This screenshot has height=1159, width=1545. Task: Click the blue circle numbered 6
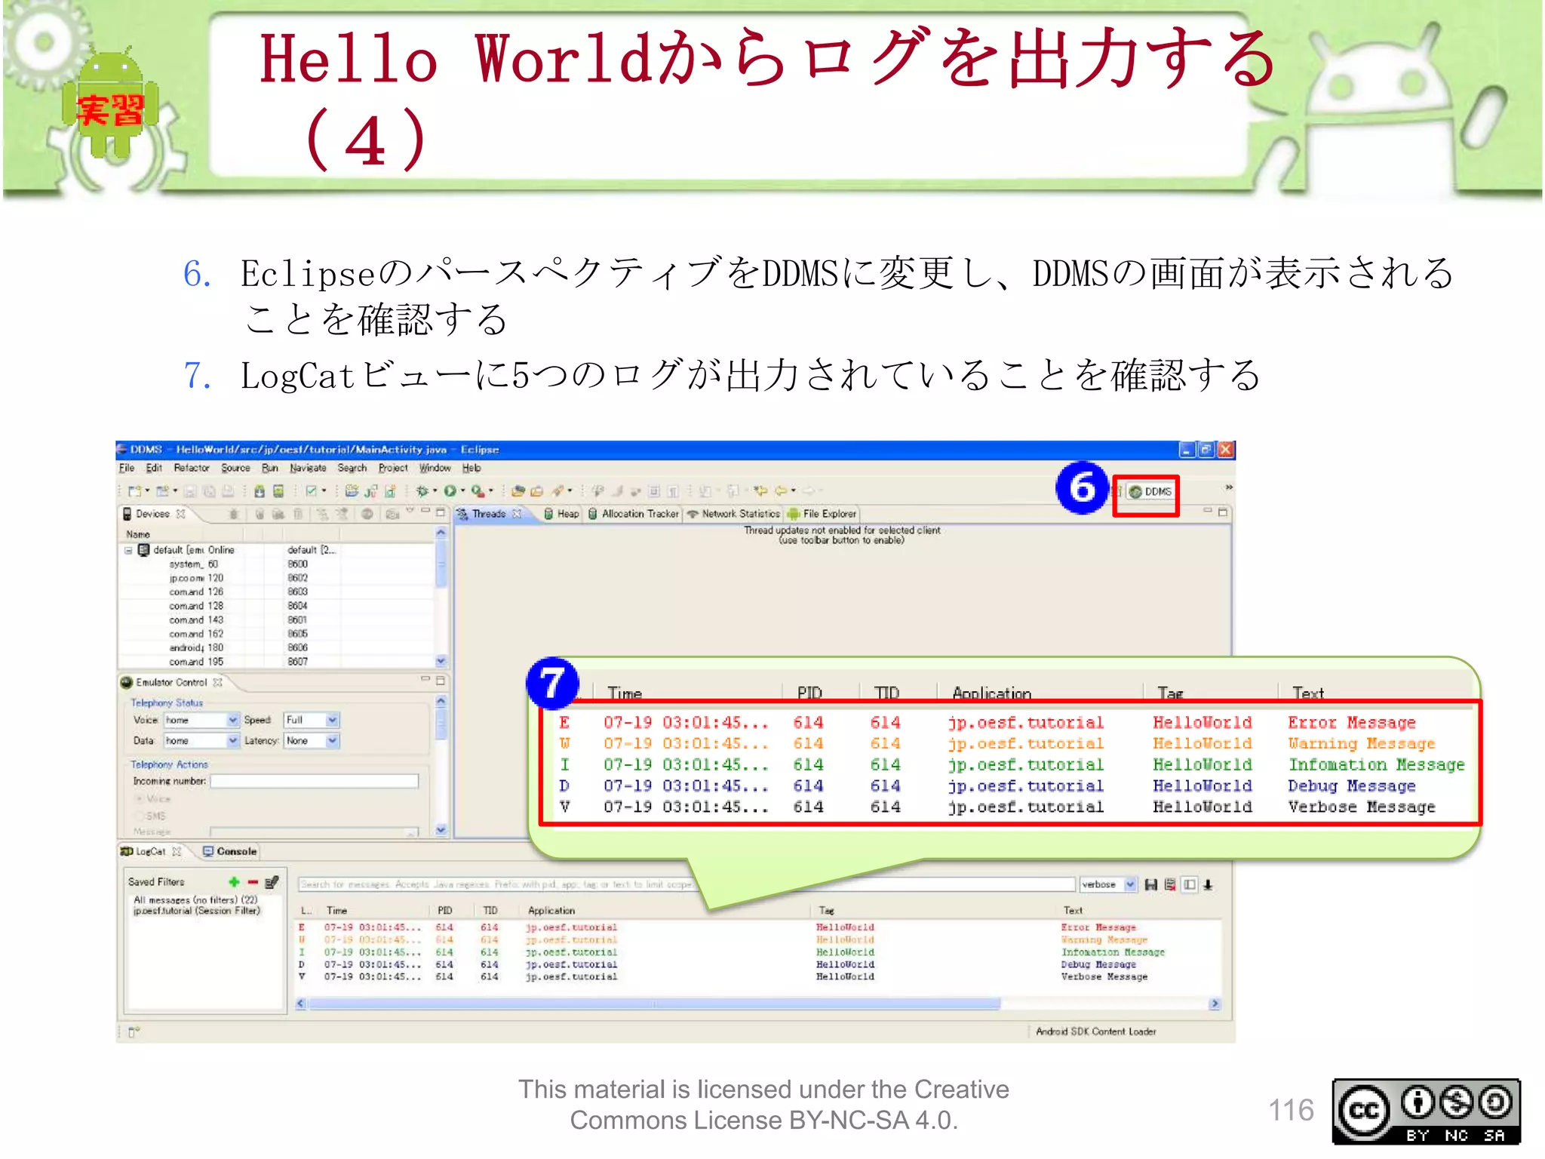(1082, 488)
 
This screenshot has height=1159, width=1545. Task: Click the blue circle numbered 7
(552, 684)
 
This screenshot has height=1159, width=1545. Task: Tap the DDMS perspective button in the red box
(1150, 492)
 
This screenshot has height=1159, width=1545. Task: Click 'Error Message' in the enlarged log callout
(1351, 723)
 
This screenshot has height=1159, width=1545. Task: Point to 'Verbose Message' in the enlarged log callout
(1361, 807)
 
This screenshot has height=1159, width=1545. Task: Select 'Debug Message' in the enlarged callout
(1351, 786)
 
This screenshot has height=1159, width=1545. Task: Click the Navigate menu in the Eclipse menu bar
(308, 468)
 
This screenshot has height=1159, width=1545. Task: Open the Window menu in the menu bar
(435, 468)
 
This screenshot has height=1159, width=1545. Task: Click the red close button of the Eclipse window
(1226, 450)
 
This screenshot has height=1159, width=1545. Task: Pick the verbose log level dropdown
(1107, 884)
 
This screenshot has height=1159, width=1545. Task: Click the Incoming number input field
(314, 781)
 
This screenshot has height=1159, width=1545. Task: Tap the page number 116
(1291, 1110)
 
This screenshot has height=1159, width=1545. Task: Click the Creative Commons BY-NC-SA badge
(1426, 1111)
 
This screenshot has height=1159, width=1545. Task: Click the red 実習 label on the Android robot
(110, 110)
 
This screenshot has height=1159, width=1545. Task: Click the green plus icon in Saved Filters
(234, 881)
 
